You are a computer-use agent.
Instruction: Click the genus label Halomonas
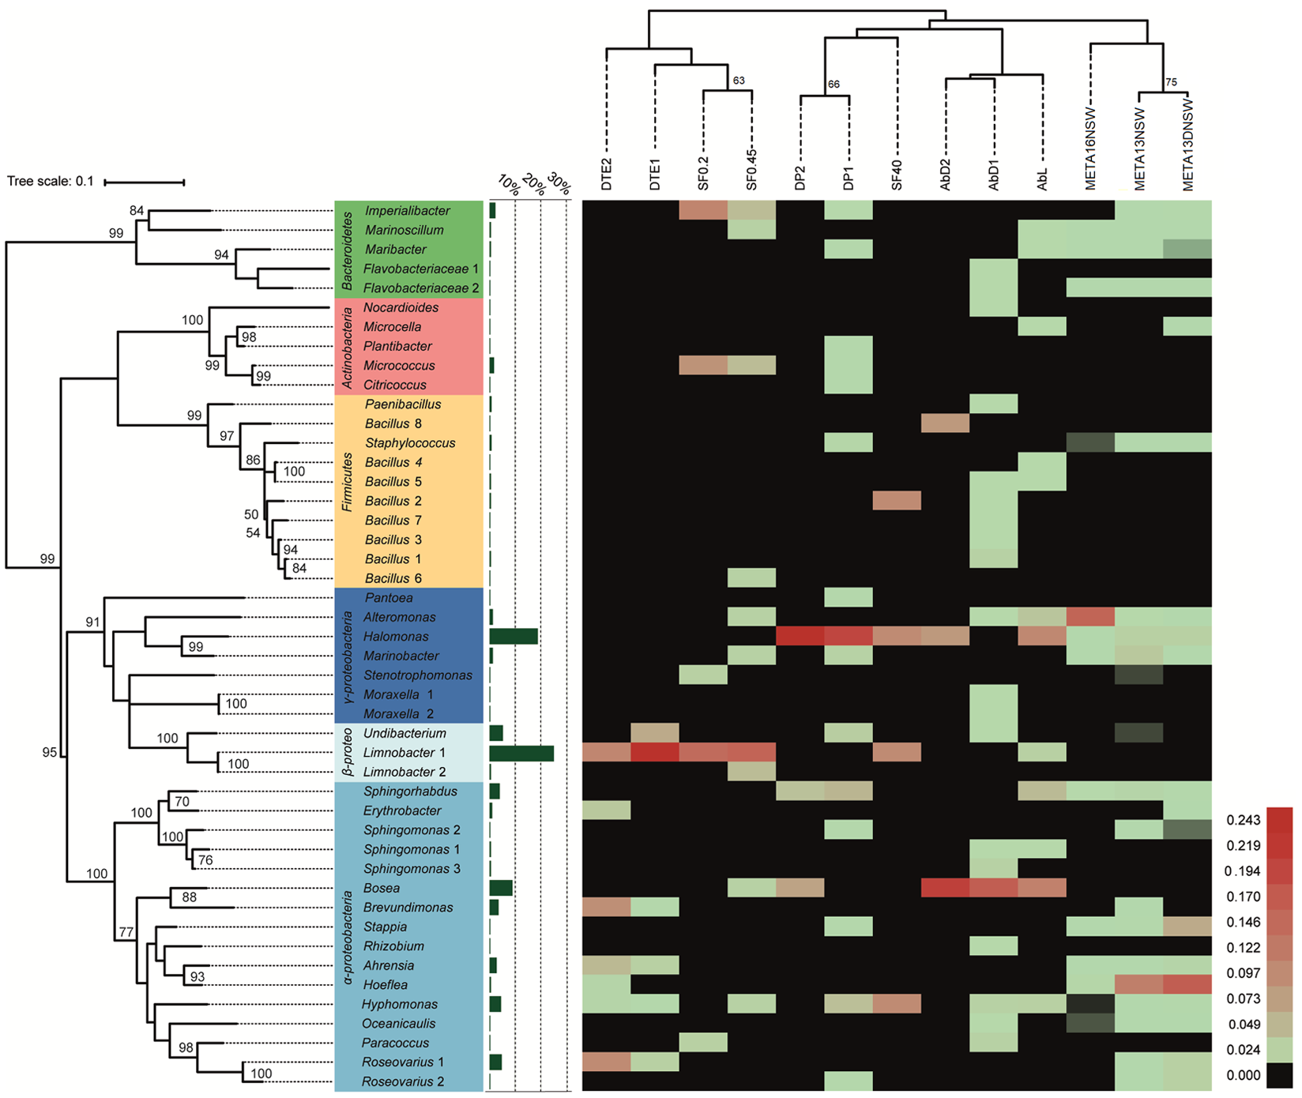[396, 637]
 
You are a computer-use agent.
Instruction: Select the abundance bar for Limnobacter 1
[521, 754]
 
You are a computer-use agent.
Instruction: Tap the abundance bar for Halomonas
[514, 637]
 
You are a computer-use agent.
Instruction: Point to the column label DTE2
[607, 174]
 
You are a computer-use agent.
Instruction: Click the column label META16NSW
[1091, 149]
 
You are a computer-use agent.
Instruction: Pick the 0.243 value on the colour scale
[1243, 821]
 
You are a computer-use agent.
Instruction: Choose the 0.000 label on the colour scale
[1243, 1075]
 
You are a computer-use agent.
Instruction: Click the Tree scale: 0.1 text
[51, 182]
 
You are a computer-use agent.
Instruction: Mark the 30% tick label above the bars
[559, 185]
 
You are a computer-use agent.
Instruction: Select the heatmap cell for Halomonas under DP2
[800, 637]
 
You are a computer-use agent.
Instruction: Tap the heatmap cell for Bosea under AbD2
[946, 889]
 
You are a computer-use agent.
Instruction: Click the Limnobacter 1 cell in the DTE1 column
[655, 753]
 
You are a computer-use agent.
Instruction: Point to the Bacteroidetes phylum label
[346, 250]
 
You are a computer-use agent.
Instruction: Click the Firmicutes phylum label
[346, 482]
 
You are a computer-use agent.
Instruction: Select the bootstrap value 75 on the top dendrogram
[1171, 82]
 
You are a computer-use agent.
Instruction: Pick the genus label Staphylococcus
[410, 443]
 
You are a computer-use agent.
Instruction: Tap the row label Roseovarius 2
[403, 1082]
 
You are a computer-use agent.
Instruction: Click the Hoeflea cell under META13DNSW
[1187, 985]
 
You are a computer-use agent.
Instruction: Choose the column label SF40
[897, 174]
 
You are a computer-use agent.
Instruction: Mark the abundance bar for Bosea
[501, 889]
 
